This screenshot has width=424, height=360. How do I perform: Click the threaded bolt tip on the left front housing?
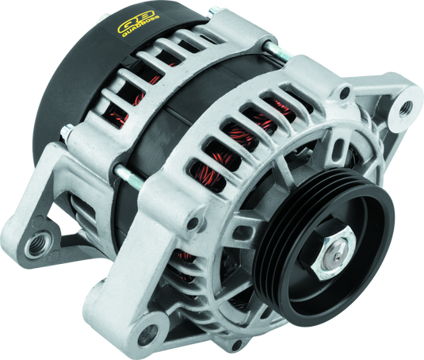120,171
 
